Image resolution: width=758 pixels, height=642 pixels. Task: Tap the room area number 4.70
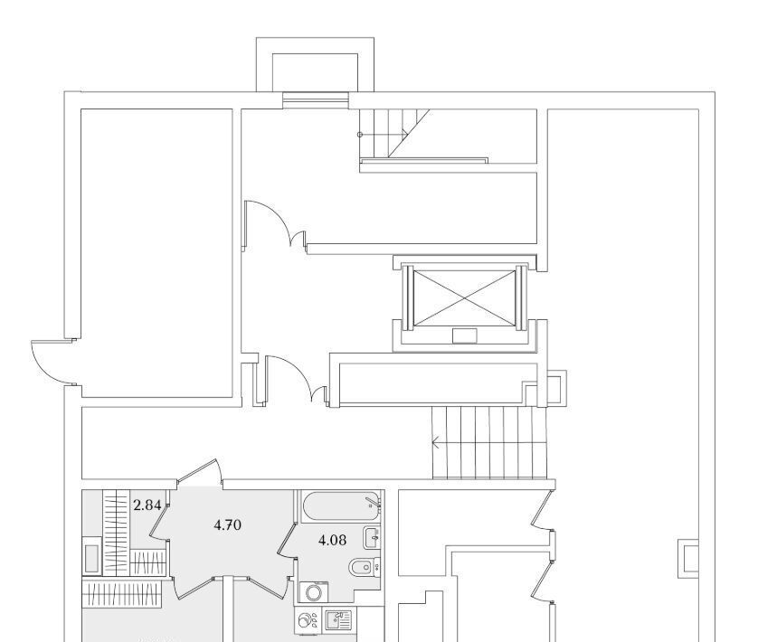click(227, 524)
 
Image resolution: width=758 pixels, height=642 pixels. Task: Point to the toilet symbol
click(359, 568)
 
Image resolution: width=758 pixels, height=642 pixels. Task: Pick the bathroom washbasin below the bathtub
click(373, 538)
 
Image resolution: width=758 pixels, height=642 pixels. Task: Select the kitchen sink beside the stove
click(336, 619)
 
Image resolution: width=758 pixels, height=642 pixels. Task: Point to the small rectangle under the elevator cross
click(465, 336)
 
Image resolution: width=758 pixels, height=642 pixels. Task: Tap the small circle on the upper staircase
click(360, 134)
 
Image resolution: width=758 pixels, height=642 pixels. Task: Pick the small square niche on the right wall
click(689, 558)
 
